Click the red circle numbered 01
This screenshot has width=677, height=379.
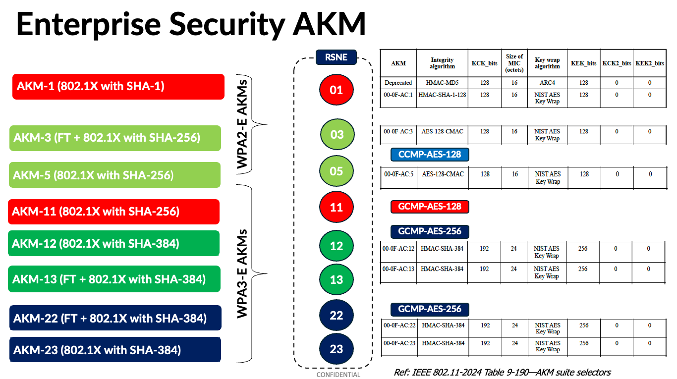click(x=337, y=90)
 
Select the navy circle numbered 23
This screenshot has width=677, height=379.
click(x=337, y=349)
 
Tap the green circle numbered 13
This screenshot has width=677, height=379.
click(x=337, y=279)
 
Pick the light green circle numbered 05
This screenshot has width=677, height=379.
click(x=337, y=171)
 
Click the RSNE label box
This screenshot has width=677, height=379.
click(x=336, y=57)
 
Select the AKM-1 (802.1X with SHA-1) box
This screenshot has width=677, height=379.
click(x=118, y=87)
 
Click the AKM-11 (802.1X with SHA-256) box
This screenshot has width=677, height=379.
click(x=113, y=212)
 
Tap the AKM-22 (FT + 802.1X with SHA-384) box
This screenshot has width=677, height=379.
click(x=115, y=318)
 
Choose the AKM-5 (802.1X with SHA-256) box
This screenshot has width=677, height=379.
click(x=114, y=175)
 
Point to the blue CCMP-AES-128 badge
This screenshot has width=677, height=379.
click(x=430, y=155)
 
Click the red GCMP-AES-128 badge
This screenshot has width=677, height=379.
click(x=430, y=207)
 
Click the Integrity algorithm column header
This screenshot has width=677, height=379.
click(x=442, y=63)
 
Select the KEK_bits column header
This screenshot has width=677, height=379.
click(x=584, y=63)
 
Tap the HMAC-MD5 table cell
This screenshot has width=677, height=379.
click(x=442, y=83)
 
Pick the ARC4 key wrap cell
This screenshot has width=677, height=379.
click(x=547, y=83)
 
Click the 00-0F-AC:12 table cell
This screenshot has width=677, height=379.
click(x=398, y=249)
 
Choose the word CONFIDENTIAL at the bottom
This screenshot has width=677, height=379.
click(x=338, y=375)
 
